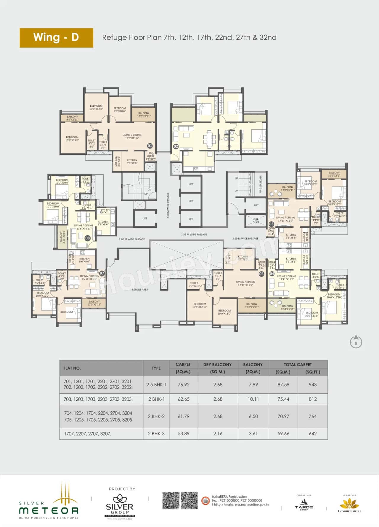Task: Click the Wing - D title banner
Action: [56, 38]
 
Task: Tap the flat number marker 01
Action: [150, 146]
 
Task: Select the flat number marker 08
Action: [87, 238]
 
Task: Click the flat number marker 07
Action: [102, 273]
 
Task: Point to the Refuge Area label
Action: [140, 290]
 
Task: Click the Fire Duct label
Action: [256, 221]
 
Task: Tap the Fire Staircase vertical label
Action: [261, 184]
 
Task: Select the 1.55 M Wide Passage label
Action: [194, 234]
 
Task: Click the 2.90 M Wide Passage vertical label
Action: [168, 205]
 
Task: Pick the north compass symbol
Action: [356, 342]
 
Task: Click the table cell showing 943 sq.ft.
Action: [313, 384]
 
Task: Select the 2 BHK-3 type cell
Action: [156, 433]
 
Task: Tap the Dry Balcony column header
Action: [217, 364]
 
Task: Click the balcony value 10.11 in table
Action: [253, 399]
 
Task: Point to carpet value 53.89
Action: [183, 433]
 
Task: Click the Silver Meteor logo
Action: [49, 502]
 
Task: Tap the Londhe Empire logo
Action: [349, 504]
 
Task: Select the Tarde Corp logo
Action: [304, 504]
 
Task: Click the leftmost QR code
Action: [171, 501]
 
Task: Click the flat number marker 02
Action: [176, 146]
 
